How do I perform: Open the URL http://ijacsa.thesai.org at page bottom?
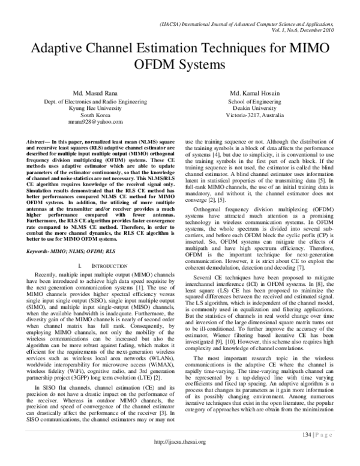(x=180, y=458)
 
